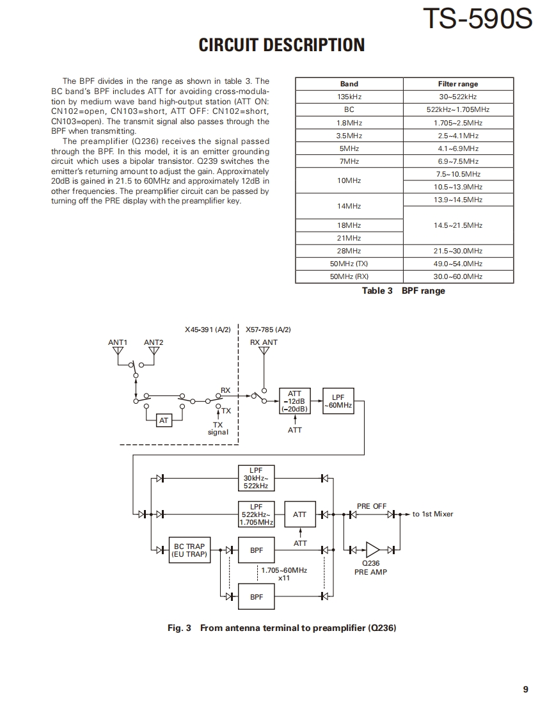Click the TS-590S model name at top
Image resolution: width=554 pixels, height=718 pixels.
coord(477,19)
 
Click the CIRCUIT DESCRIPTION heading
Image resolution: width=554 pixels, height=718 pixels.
coord(281,45)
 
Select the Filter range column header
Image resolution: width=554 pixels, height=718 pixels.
coord(458,84)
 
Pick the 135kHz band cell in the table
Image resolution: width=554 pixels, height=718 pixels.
coord(349,97)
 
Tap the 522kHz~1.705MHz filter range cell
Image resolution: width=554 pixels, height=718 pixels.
coord(458,109)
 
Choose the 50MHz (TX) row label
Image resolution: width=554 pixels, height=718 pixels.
coord(349,264)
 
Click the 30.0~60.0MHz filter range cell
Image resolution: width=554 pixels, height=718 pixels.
coord(458,276)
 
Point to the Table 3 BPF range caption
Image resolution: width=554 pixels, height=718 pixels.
coord(403,291)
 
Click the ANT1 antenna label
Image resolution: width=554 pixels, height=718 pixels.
coord(118,342)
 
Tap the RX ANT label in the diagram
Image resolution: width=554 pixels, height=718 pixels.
coord(264,342)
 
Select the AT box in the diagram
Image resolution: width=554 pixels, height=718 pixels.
coord(164,420)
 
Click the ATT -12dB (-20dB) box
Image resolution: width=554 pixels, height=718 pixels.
coord(294,401)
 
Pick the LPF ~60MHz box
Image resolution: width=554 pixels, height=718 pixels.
coord(338,401)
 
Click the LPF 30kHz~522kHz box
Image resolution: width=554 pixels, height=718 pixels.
coord(256,478)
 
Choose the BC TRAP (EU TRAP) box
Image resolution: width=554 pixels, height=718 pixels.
coord(189,550)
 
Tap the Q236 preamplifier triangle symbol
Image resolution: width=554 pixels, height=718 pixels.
coord(372,549)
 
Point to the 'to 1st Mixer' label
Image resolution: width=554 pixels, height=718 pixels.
coord(432,514)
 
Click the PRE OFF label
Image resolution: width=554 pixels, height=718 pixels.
coord(372,506)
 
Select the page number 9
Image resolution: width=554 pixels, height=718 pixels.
coord(525,689)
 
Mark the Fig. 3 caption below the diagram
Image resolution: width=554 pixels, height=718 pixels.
coord(281,628)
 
